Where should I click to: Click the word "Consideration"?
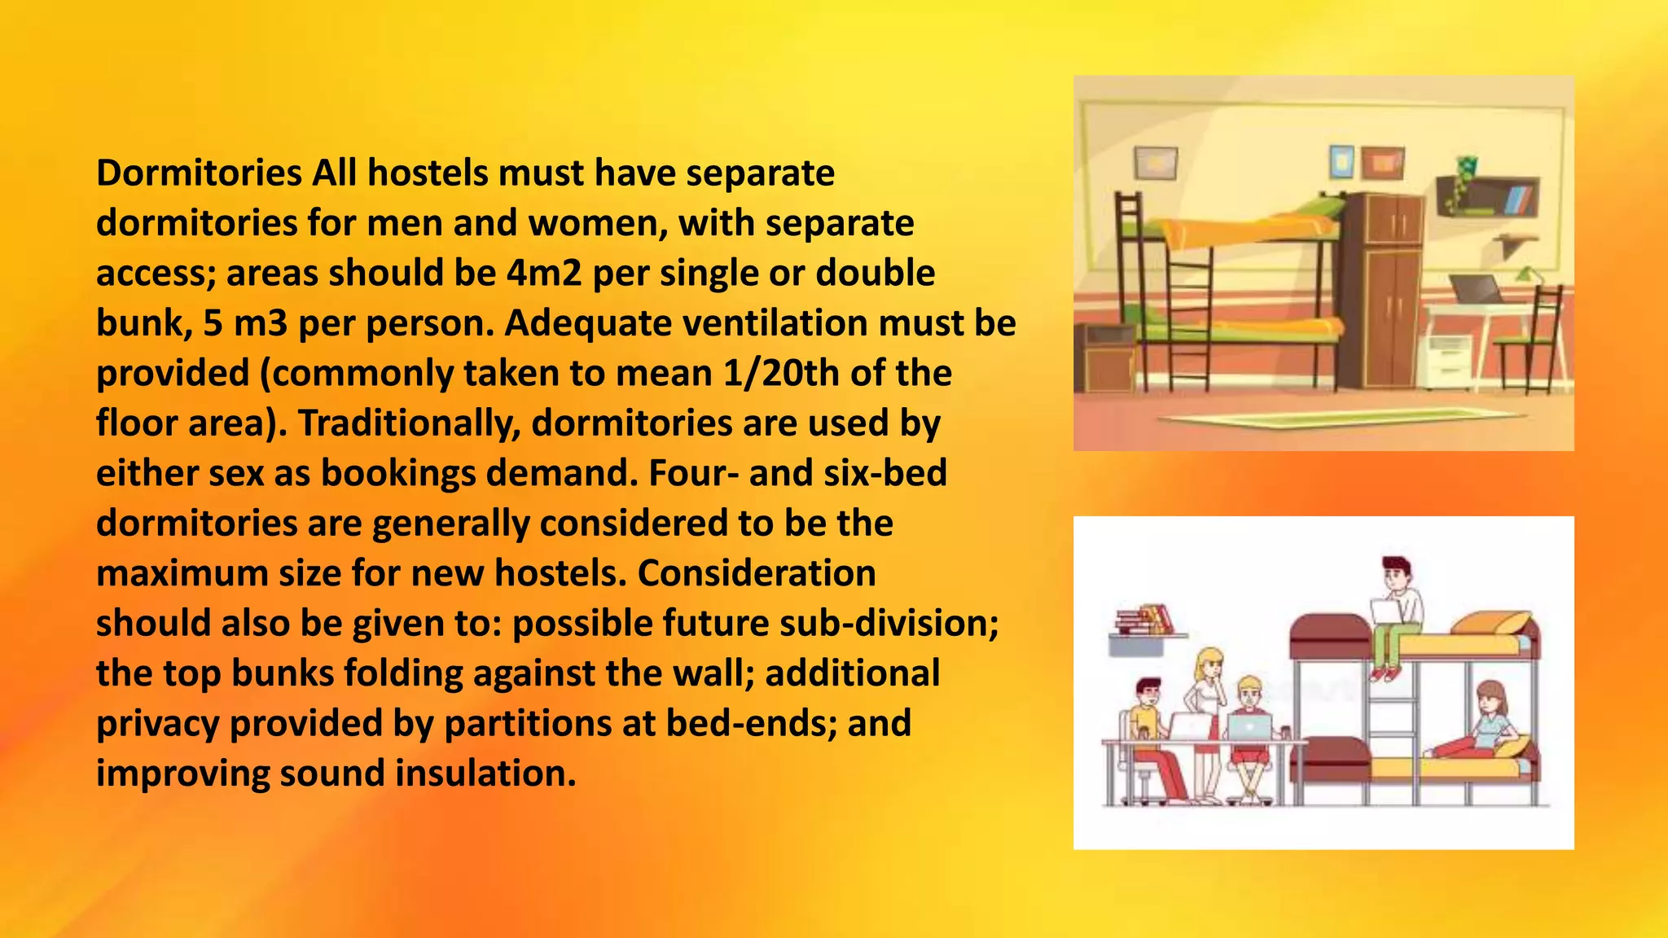click(x=757, y=574)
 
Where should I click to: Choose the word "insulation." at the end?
click(x=485, y=774)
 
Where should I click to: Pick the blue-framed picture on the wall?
click(x=1341, y=161)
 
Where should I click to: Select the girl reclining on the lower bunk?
click(x=1478, y=725)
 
